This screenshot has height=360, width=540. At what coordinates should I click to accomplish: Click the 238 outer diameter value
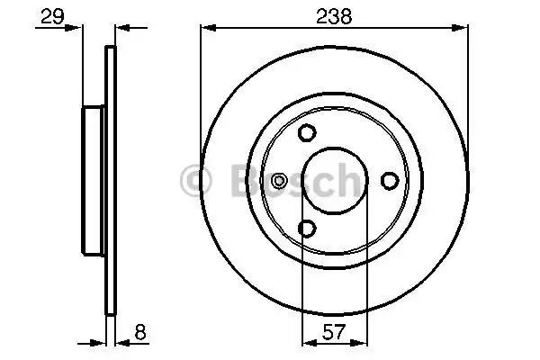[334, 15]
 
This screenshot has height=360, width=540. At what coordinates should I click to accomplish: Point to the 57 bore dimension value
[334, 333]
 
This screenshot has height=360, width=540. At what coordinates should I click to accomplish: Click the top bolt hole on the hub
[306, 133]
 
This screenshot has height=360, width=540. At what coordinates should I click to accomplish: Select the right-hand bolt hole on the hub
[390, 181]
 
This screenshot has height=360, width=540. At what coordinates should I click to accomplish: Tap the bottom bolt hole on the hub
[306, 229]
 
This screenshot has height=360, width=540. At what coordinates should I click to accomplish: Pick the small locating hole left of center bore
[279, 181]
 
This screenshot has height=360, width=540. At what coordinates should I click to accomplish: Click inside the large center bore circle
[334, 181]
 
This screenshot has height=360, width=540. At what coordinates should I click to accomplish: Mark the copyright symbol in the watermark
[195, 182]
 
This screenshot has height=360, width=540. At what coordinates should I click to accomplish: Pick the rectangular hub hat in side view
[94, 181]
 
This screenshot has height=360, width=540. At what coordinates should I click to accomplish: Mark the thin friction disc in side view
[112, 181]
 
